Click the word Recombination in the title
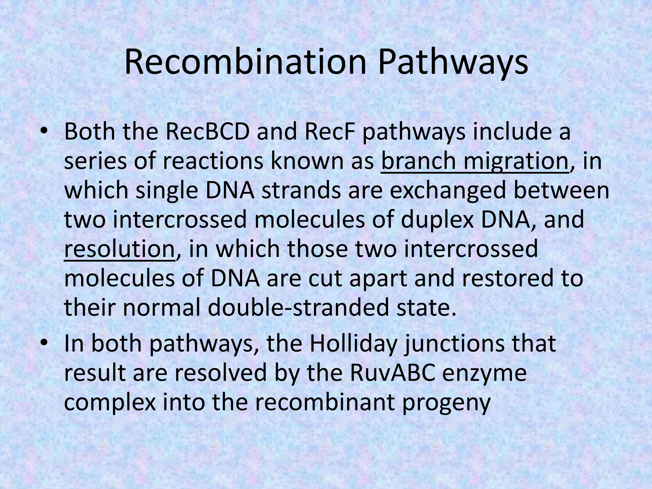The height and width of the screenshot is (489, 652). pos(245,63)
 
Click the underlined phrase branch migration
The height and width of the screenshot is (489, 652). pos(474,161)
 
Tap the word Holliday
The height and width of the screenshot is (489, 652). pos(353,344)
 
